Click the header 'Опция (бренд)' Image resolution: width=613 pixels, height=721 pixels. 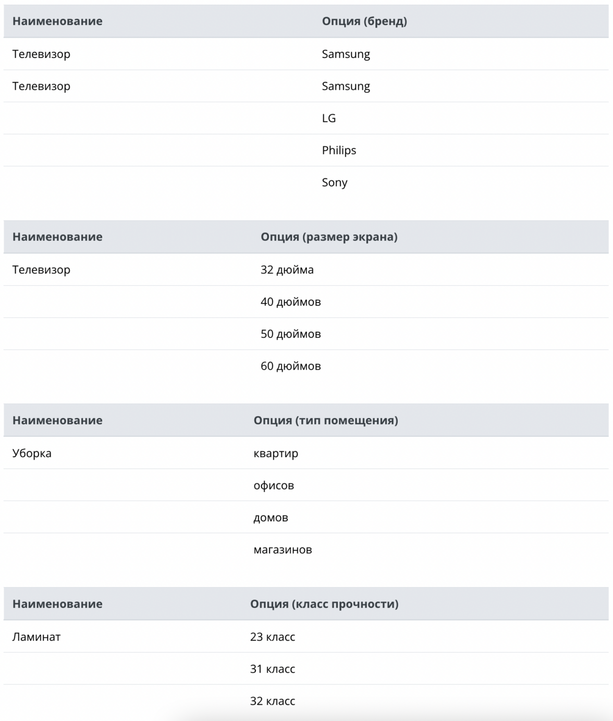[364, 21]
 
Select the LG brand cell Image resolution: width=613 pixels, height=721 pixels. [329, 118]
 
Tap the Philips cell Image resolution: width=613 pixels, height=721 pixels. [339, 151]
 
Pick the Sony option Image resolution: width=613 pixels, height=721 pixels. [335, 182]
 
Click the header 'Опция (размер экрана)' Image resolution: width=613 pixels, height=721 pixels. [329, 237]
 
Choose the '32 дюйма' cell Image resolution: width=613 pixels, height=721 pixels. [287, 270]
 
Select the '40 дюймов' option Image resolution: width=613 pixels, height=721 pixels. [291, 302]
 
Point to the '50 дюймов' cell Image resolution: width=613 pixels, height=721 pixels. [291, 334]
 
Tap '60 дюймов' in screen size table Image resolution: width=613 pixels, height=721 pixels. [291, 366]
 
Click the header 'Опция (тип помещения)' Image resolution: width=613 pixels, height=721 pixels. [326, 421]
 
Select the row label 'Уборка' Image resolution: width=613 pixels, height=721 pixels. [32, 454]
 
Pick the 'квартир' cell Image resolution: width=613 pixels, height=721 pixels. [276, 454]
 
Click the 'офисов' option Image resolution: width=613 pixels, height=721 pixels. [274, 486]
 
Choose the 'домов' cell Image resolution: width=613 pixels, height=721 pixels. [271, 518]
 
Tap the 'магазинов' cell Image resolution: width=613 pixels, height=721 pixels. [283, 550]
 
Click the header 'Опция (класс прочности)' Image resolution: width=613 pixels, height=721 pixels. [324, 604]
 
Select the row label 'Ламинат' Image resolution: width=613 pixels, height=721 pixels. [36, 637]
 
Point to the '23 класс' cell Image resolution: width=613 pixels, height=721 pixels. [273, 637]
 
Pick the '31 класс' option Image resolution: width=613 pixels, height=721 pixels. [273, 669]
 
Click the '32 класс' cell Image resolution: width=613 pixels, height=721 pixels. [273, 701]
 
